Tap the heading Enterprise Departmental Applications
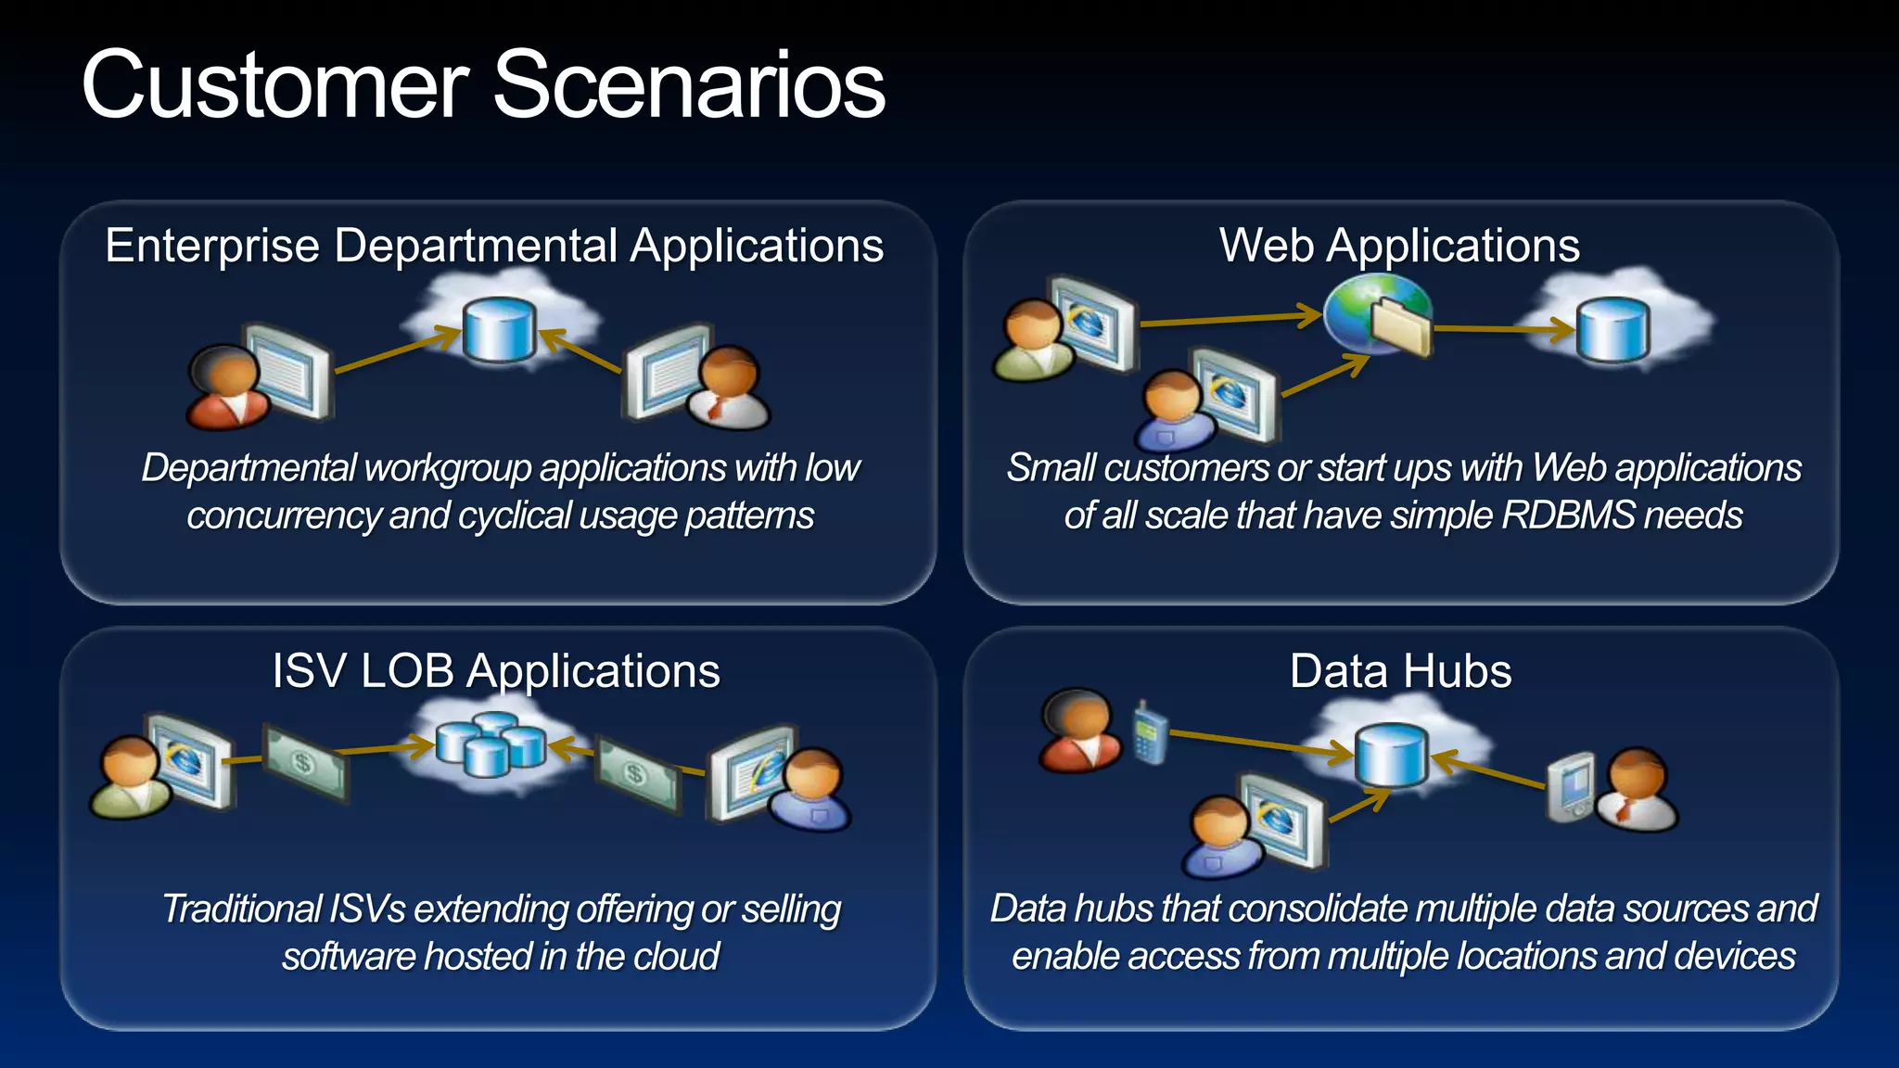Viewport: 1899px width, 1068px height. [x=494, y=247]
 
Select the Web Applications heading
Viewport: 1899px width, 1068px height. [x=1399, y=247]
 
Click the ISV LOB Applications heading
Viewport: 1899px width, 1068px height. [x=496, y=671]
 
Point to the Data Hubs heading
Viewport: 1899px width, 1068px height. [x=1400, y=671]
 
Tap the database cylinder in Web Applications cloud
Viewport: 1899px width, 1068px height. [x=1612, y=329]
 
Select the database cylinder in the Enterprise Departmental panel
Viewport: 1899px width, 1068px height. [x=499, y=329]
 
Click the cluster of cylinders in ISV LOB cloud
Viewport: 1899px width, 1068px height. [x=491, y=744]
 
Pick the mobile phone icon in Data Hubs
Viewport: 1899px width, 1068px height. [x=1150, y=733]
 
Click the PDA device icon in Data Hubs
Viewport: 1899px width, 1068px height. [x=1571, y=788]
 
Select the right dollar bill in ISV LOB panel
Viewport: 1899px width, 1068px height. [x=637, y=775]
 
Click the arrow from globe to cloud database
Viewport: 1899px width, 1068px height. [x=1502, y=328]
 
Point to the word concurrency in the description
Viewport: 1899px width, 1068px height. [x=283, y=516]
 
